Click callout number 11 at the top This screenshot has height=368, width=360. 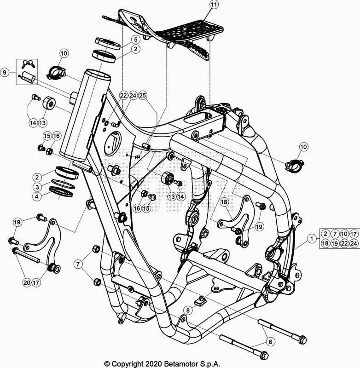pyautogui.click(x=214, y=5)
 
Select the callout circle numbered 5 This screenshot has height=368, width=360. pyautogui.click(x=135, y=40)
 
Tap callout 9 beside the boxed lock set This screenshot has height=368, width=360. pyautogui.click(x=5, y=72)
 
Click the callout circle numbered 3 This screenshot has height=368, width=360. pyautogui.click(x=37, y=187)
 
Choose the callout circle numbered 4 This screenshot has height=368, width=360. pyautogui.click(x=37, y=196)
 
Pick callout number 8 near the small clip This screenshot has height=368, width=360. pyautogui.click(x=188, y=310)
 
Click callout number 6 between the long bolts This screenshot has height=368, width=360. pyautogui.click(x=270, y=342)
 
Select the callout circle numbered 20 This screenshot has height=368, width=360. pyautogui.click(x=27, y=282)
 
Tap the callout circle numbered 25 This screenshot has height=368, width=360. pyautogui.click(x=143, y=95)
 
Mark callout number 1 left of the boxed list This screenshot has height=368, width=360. pyautogui.click(x=312, y=239)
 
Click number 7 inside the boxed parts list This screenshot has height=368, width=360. pyautogui.click(x=335, y=234)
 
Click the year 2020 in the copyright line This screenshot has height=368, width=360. pyautogui.click(x=153, y=364)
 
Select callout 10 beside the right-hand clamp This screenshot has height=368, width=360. pyautogui.click(x=304, y=147)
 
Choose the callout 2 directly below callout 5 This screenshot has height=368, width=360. pyautogui.click(x=135, y=49)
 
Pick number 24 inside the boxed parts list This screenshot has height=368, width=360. pyautogui.click(x=354, y=243)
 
